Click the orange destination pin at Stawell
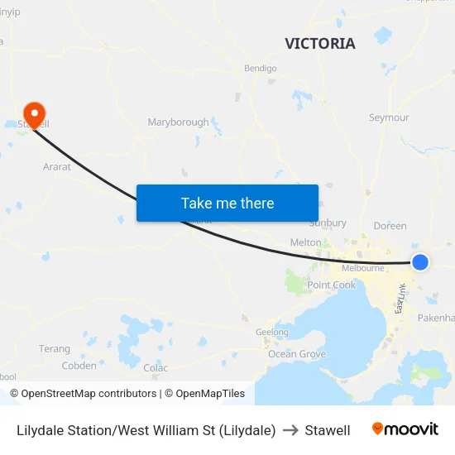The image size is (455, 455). click(34, 113)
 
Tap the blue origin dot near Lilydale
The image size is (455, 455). click(420, 262)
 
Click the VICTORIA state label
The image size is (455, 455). click(320, 44)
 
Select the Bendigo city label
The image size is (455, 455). click(261, 69)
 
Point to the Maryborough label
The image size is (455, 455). click(178, 122)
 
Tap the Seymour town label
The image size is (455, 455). click(389, 117)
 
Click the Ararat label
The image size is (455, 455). click(57, 166)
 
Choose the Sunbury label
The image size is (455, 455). click(328, 223)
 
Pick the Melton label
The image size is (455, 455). click(306, 242)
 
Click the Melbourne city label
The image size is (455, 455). click(363, 268)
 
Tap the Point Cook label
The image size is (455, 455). click(331, 285)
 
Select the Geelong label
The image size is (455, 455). click(272, 333)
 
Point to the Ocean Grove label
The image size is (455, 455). click(297, 354)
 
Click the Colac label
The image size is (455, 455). click(156, 368)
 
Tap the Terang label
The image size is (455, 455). click(55, 349)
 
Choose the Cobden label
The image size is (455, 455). click(79, 366)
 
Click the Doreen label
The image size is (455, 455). click(390, 226)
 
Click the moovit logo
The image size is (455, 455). click(405, 429)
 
